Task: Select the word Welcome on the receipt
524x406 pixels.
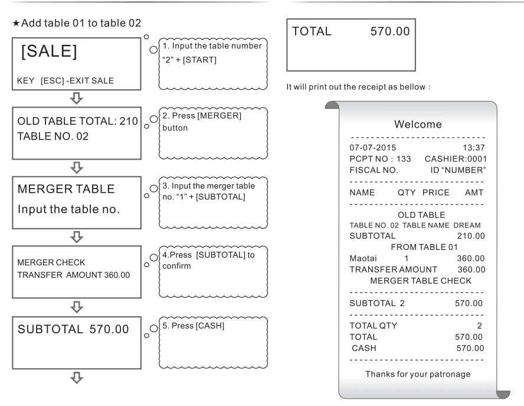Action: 418,125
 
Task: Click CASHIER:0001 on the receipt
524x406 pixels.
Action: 457,158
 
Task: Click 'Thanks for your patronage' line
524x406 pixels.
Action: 417,374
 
